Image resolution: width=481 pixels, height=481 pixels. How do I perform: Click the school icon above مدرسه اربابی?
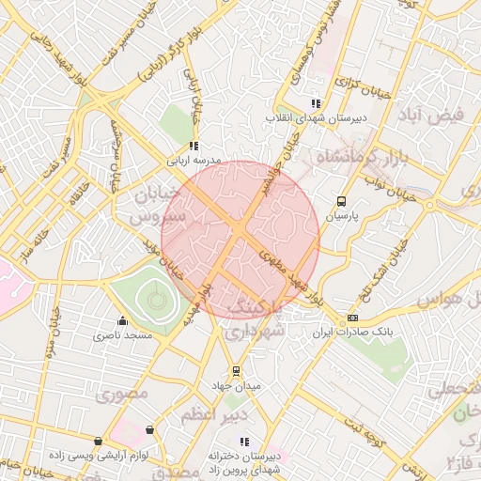click(x=194, y=146)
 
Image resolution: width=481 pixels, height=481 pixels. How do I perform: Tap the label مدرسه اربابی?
click(x=193, y=161)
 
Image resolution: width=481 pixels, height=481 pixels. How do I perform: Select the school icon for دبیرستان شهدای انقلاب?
click(x=316, y=103)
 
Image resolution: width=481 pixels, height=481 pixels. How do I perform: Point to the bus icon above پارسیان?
click(x=341, y=200)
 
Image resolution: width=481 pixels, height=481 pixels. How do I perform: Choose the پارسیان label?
click(x=344, y=215)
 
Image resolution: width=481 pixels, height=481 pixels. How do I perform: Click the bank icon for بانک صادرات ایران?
click(x=352, y=318)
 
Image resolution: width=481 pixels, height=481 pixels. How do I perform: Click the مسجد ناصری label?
click(x=118, y=334)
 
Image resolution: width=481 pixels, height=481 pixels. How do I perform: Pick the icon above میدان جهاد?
click(x=236, y=370)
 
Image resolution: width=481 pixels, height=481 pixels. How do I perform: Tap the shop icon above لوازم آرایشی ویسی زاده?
click(x=99, y=441)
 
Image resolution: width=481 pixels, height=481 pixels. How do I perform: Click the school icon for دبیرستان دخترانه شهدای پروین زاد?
click(x=245, y=442)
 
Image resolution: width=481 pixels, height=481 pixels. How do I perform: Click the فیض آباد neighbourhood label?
click(x=432, y=116)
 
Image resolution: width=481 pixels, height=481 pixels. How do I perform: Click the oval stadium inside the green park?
click(x=156, y=300)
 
